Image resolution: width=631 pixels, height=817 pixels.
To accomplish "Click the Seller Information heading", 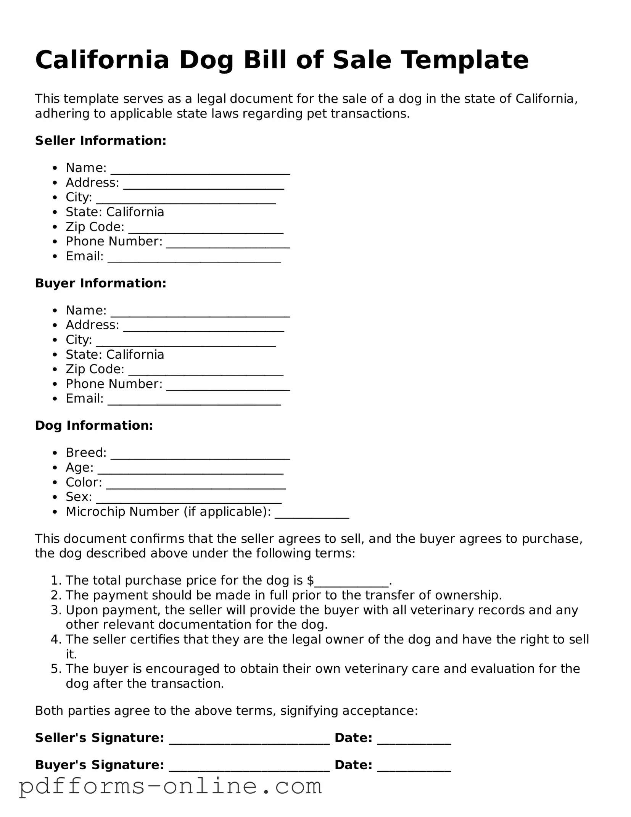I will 101,140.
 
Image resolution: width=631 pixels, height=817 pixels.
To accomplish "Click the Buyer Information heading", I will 101,283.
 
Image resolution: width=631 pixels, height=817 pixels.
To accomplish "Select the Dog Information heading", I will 94,425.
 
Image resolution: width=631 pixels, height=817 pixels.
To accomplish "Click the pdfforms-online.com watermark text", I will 171,787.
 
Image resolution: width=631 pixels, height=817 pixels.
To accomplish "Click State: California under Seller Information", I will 115,212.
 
